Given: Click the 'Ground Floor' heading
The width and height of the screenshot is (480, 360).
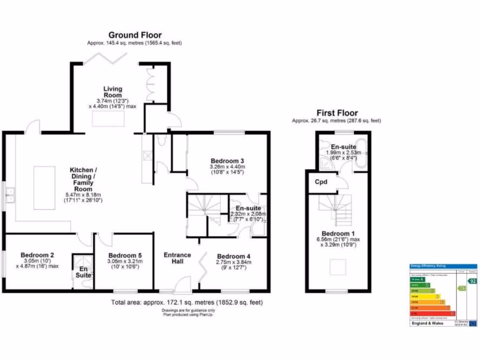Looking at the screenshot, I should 135,35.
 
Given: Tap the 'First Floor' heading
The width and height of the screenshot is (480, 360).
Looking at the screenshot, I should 337,113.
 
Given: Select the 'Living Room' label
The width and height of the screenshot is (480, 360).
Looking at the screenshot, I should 112,92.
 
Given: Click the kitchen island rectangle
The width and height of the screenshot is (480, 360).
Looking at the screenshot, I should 45,187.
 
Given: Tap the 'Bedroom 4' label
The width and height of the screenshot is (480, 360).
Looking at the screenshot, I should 234,256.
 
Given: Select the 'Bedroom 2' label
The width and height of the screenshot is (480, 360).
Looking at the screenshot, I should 37,255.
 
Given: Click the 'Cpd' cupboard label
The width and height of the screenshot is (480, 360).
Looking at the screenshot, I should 321,182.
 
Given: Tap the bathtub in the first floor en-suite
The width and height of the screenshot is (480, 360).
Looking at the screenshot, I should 361,153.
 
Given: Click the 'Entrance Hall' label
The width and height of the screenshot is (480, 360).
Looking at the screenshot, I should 177,258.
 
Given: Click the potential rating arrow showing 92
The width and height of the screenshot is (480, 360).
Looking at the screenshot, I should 472,281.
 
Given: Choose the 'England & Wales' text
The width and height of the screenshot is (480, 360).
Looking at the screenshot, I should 427,323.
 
